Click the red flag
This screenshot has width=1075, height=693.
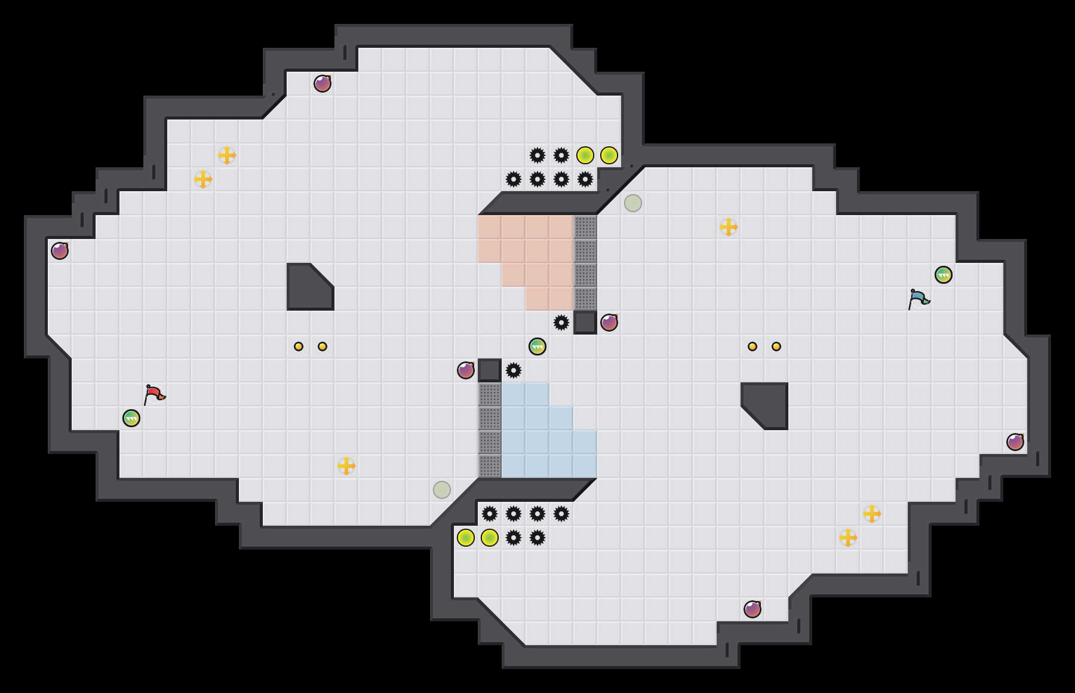pos(154,394)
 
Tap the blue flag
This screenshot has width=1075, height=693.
pos(918,298)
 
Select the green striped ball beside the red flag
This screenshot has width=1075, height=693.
pos(131,418)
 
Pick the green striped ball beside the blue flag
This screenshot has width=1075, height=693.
pos(944,275)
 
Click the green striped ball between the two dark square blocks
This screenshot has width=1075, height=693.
pos(537,346)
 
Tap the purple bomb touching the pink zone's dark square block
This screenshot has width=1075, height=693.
pos(609,323)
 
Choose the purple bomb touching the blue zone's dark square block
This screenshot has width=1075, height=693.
pos(466,370)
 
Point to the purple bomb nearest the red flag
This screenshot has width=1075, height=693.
pos(60,251)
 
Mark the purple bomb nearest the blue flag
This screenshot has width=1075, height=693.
pos(1015,442)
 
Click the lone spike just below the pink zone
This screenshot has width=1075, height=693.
pos(561,323)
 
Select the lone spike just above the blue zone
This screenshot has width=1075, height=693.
pos(514,370)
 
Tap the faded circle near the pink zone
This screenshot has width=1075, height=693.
pos(633,203)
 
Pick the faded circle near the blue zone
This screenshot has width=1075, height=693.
pos(442,490)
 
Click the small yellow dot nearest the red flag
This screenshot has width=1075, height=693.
pos(299,346)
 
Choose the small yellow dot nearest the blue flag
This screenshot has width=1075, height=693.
pos(776,346)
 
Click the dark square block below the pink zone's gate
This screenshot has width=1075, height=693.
pos(585,323)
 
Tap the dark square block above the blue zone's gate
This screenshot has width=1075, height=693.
pos(490,370)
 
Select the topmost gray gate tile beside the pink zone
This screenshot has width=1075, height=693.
pos(585,227)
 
